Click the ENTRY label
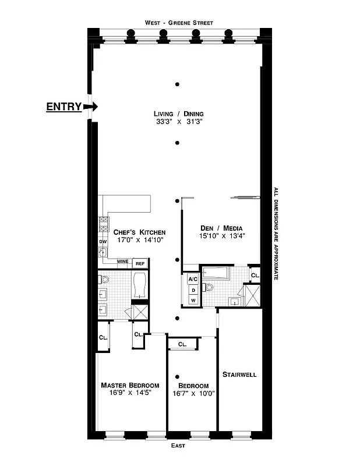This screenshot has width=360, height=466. pyautogui.click(x=63, y=107)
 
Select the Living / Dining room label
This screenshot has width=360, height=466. pyautogui.click(x=178, y=114)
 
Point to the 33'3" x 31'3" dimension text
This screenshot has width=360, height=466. pyautogui.click(x=178, y=122)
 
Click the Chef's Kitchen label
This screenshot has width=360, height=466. pyautogui.click(x=135, y=231)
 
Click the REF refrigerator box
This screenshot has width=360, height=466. pyautogui.click(x=140, y=263)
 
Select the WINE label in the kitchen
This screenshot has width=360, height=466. pyautogui.click(x=122, y=262)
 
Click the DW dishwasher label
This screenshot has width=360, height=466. pyautogui.click(x=103, y=241)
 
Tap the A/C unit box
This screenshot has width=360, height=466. pyautogui.click(x=193, y=279)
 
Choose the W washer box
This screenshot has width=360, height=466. pyautogui.click(x=193, y=300)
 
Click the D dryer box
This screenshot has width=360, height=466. pyautogui.click(x=193, y=290)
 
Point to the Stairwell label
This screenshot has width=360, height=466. pyautogui.click(x=239, y=375)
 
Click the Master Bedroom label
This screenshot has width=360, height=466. pyautogui.click(x=130, y=385)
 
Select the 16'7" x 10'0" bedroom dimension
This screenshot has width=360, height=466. pyautogui.click(x=193, y=394)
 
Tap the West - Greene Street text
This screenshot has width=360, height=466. pyautogui.click(x=179, y=23)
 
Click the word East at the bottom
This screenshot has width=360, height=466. pyautogui.click(x=179, y=446)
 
